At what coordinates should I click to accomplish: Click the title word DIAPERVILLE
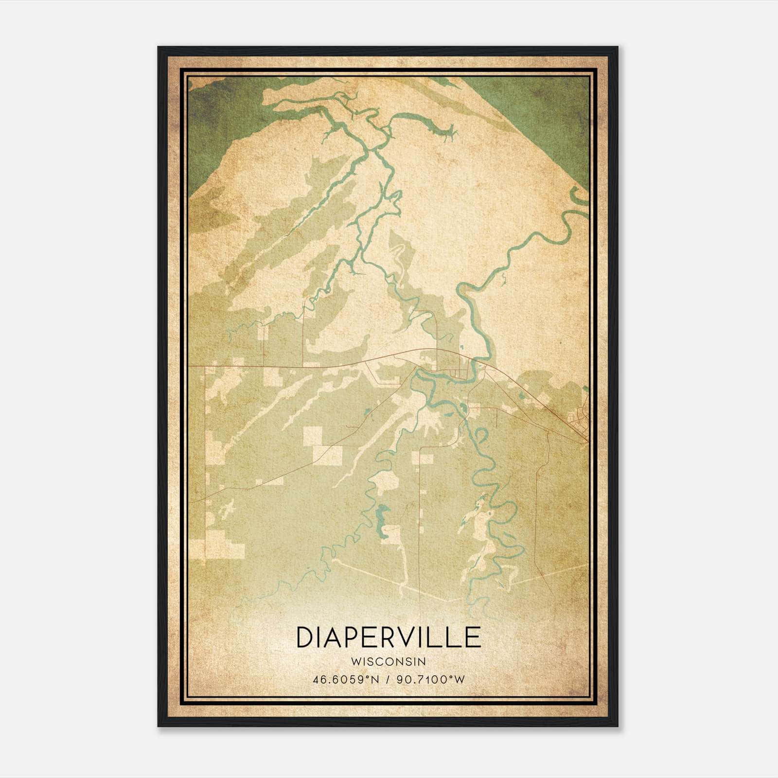(389, 638)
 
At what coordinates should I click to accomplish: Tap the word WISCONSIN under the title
(389, 662)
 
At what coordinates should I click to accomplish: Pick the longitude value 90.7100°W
(431, 679)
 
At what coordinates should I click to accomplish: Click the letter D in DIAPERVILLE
(305, 638)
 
